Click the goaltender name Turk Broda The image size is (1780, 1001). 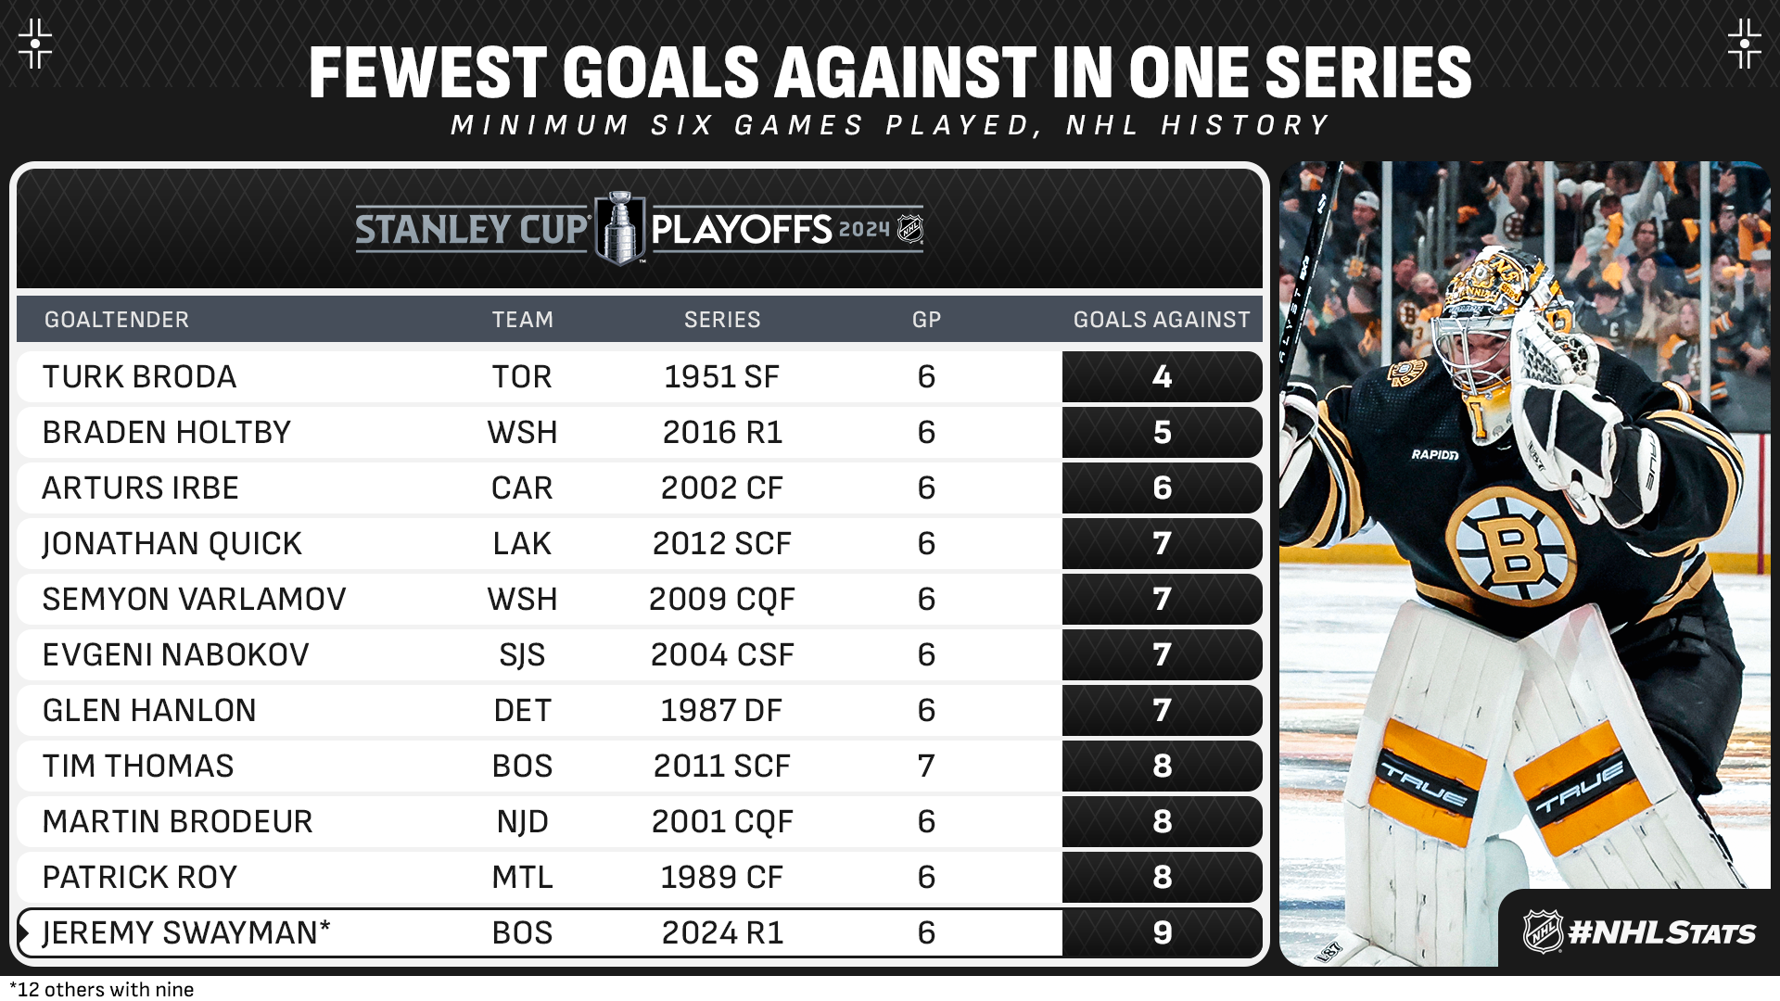[x=139, y=377]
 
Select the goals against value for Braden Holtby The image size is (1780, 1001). [x=1162, y=433]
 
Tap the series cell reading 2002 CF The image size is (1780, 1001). [x=721, y=488]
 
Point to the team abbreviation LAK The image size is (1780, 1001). [x=522, y=544]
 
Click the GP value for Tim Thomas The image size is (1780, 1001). [x=925, y=767]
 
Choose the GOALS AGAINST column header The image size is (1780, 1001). [x=1161, y=320]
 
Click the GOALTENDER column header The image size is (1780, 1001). [x=117, y=320]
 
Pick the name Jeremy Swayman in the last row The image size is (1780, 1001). [x=185, y=933]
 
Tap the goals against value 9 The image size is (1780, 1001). [x=1162, y=933]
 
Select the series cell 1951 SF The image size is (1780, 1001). [x=721, y=377]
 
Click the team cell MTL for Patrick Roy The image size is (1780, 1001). [x=522, y=878]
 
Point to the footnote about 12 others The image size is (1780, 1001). [x=102, y=990]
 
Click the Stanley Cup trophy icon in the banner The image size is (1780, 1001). [x=619, y=228]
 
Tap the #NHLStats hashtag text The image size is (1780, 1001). [x=1661, y=932]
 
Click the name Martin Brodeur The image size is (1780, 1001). [x=177, y=822]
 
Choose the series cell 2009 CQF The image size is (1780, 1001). [x=721, y=600]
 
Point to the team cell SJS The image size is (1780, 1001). [x=522, y=655]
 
